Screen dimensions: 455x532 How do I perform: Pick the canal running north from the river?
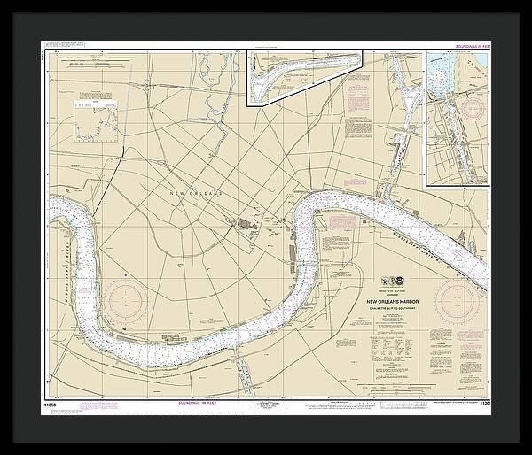click(403, 115)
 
